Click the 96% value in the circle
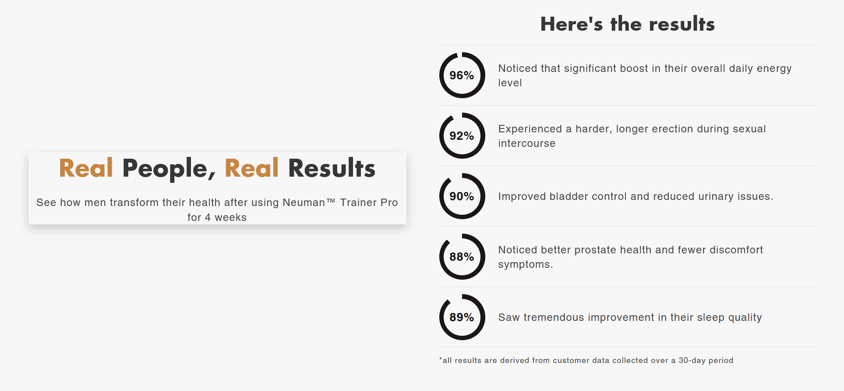[x=462, y=75]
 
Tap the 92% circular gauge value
[x=462, y=136]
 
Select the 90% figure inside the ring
[x=462, y=196]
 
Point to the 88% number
[x=462, y=257]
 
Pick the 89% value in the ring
[x=462, y=317]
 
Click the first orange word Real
[x=86, y=168]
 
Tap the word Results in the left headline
[x=332, y=168]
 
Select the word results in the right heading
[x=682, y=24]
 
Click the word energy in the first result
[x=774, y=69]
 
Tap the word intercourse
[x=527, y=143]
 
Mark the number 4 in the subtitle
[x=208, y=217]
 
